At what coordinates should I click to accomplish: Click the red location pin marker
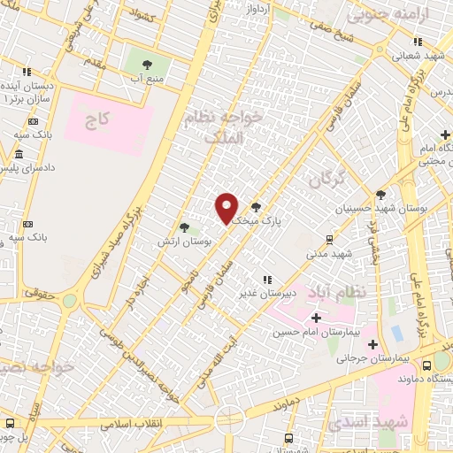[x=227, y=208]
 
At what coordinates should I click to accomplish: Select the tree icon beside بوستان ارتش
[x=184, y=227]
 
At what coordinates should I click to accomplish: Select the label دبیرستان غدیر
[x=265, y=291]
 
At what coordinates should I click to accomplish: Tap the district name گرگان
[x=330, y=181]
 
